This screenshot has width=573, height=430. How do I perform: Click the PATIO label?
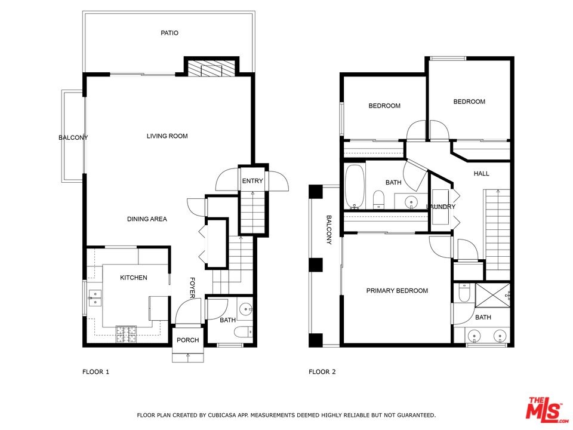pos(170,33)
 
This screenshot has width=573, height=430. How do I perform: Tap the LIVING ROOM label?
pos(167,136)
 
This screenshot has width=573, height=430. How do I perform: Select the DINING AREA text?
pos(147,219)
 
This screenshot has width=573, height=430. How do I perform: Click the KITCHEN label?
pos(134,278)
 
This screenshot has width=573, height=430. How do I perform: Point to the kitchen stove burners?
pos(126,334)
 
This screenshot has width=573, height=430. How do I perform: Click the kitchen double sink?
pos(95,297)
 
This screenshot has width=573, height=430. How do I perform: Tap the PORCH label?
pos(188,340)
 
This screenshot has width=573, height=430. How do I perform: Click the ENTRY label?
pos(252,180)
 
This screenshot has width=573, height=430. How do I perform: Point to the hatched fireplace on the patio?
pos(211,68)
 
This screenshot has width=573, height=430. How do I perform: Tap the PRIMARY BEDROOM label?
pos(397,291)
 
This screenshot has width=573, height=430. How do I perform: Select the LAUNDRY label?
pos(441,207)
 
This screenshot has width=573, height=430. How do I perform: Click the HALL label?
pos(481,174)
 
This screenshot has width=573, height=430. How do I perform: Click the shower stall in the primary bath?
pos(493,295)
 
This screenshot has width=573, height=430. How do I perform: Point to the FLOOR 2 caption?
pos(322,372)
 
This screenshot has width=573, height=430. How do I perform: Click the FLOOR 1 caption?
pos(95,372)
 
